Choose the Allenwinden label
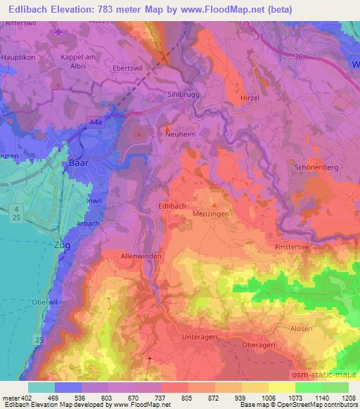pos(141,257)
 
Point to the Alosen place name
pos(301,329)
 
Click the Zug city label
pos(63,246)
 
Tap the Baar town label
pos(78,162)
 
